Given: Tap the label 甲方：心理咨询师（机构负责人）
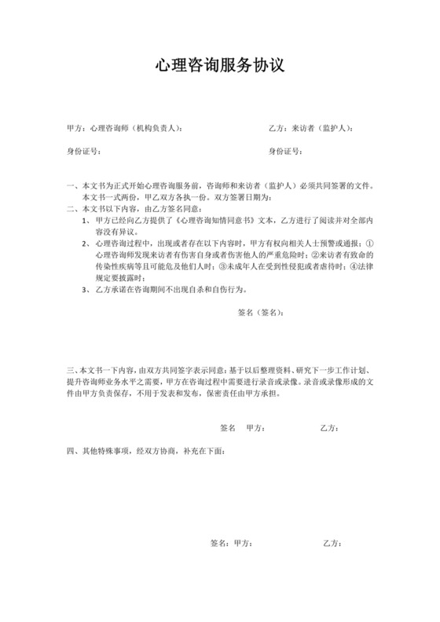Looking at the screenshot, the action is pyautogui.click(x=125, y=127).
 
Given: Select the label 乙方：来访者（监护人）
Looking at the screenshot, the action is pyautogui.click(x=310, y=127).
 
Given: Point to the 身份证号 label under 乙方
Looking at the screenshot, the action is pyautogui.click(x=285, y=151).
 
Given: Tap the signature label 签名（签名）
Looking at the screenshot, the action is pyautogui.click(x=260, y=312).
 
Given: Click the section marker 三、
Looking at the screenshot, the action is pyautogui.click(x=72, y=368).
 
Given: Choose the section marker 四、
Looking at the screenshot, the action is pyautogui.click(x=72, y=452).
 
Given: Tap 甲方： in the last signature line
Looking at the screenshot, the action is pyautogui.click(x=243, y=543).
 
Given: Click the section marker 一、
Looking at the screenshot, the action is pyautogui.click(x=72, y=187).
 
